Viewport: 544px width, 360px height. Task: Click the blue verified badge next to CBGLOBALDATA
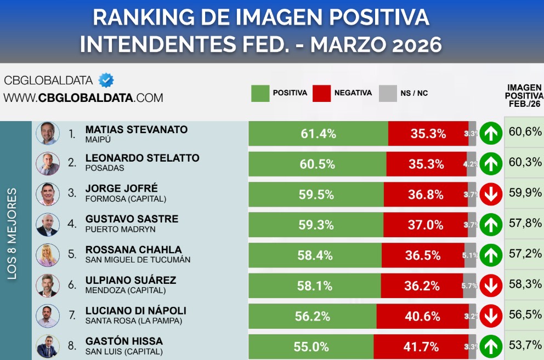(x=106, y=81)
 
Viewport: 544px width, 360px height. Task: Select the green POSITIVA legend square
(x=260, y=93)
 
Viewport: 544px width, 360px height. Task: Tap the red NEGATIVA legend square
(x=321, y=93)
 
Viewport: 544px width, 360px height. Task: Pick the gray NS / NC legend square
(x=388, y=93)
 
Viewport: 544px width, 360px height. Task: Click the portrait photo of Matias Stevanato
(x=48, y=133)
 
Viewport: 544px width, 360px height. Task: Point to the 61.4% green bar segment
(x=318, y=134)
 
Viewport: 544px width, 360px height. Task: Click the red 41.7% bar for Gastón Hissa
(x=421, y=346)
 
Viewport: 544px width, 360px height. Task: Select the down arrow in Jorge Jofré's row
(x=491, y=195)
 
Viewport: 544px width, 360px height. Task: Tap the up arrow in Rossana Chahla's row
(x=491, y=255)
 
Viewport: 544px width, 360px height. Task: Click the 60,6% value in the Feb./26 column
(x=524, y=132)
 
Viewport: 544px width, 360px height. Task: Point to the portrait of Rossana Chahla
(x=48, y=255)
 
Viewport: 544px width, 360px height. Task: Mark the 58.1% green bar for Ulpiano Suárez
(x=314, y=285)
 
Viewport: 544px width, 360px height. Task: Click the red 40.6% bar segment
(x=422, y=316)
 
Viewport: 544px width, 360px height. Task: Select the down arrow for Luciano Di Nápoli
(x=491, y=316)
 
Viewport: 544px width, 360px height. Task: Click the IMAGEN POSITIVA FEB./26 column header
(x=524, y=96)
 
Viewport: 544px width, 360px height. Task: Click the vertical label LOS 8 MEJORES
(x=13, y=235)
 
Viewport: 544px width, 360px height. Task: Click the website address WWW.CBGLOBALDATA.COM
(x=83, y=98)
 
